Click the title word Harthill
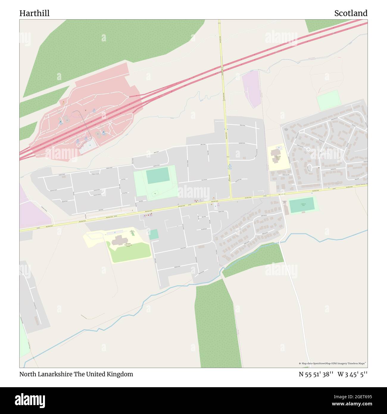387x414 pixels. (x=35, y=13)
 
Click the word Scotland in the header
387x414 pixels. (x=351, y=13)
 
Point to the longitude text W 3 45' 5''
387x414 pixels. (x=352, y=374)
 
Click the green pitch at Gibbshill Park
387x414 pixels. (x=302, y=205)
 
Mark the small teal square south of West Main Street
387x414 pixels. (x=154, y=234)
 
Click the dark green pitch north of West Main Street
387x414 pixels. (x=158, y=175)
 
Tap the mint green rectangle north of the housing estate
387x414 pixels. (x=329, y=100)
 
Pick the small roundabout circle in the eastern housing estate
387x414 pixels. (x=308, y=149)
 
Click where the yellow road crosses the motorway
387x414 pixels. (x=221, y=68)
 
